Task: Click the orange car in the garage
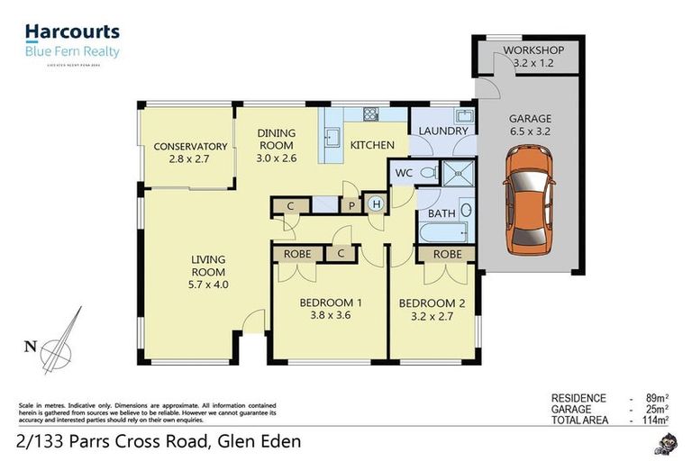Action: tap(529, 199)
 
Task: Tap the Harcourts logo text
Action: tap(72, 32)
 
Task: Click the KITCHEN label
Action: tap(372, 145)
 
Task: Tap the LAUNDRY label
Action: tap(443, 131)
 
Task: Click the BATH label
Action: tap(442, 213)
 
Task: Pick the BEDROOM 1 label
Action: tap(330, 309)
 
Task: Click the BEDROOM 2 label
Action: tap(432, 309)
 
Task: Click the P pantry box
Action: tap(351, 206)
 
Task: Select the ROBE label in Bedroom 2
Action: tap(447, 255)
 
